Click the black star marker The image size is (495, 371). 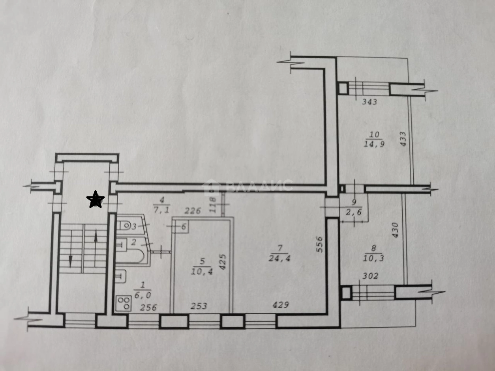click(95, 199)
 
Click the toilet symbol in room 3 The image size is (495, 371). click(125, 226)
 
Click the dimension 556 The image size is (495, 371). click(319, 244)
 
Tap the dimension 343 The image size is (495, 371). click(369, 102)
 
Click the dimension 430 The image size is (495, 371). click(396, 230)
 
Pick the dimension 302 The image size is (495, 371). click(370, 276)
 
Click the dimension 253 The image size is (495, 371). click(199, 306)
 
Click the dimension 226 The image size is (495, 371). click(193, 211)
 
